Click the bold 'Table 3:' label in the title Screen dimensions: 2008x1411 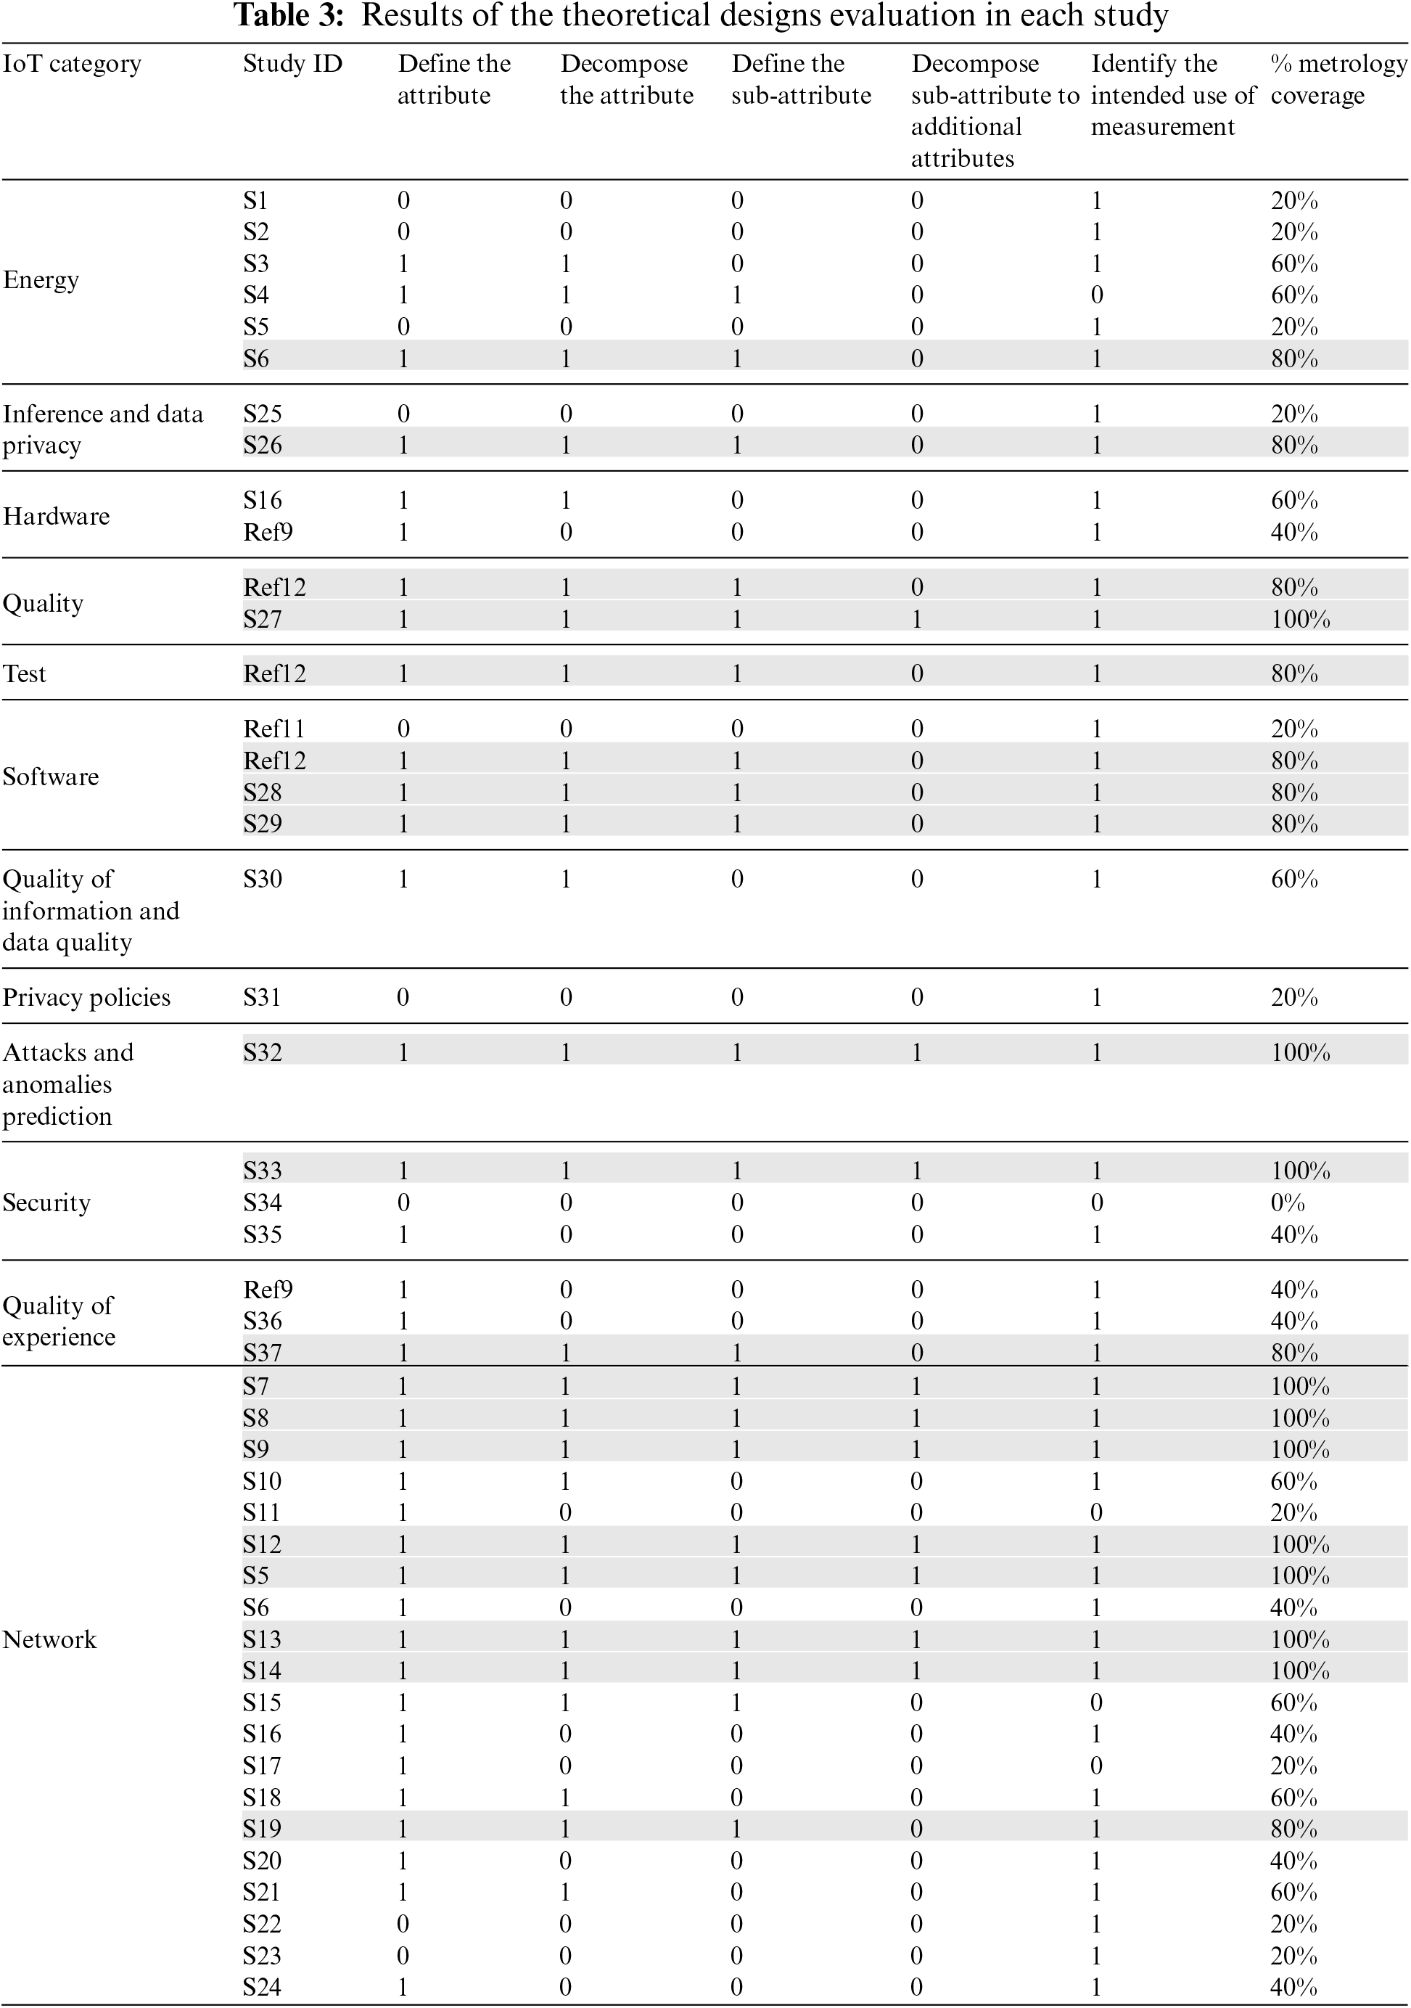289,16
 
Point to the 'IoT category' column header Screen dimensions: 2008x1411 72,64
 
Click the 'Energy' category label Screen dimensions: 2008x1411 41,280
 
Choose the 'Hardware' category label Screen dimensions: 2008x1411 56,516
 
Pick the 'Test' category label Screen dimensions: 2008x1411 25,673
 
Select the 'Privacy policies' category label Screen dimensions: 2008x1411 86,997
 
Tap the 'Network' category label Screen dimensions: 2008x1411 50,1639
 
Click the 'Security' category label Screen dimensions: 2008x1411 46,1202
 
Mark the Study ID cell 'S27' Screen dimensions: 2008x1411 263,619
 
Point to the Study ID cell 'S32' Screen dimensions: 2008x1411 263,1052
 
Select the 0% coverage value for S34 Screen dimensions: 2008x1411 1288,1202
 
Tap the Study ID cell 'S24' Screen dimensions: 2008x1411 263,1987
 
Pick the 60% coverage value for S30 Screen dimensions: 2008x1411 1294,879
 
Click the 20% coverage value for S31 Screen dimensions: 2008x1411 1294,997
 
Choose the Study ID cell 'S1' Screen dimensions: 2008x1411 255,201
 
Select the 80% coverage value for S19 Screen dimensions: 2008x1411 1294,1829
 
